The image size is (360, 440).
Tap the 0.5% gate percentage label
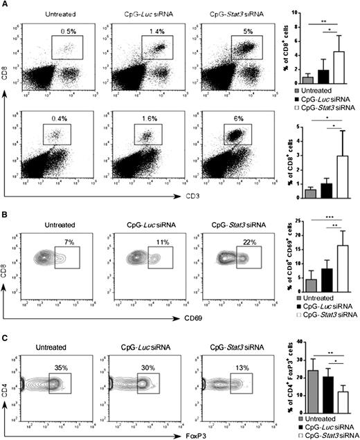point(67,30)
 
